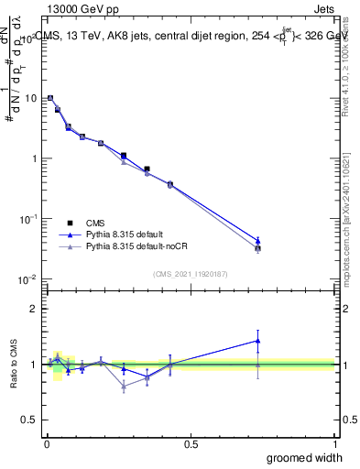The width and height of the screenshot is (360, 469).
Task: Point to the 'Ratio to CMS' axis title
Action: click(14, 365)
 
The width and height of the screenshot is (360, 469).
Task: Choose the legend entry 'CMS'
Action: click(93, 222)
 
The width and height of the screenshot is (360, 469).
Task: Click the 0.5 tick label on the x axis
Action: click(191, 443)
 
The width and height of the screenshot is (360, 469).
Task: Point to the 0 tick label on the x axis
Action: click(47, 443)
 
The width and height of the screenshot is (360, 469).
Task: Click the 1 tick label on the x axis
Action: click(334, 443)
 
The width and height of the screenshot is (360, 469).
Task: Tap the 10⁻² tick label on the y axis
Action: click(28, 278)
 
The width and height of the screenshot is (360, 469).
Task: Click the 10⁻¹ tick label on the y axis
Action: click(28, 218)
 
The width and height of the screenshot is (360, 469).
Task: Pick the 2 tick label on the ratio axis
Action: click(35, 309)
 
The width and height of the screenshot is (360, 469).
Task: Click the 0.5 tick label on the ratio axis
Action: click(30, 420)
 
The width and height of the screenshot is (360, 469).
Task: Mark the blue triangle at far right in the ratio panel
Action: click(258, 341)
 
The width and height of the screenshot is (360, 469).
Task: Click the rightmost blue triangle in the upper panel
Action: click(258, 241)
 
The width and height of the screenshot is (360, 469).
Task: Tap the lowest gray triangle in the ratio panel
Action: click(124, 387)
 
